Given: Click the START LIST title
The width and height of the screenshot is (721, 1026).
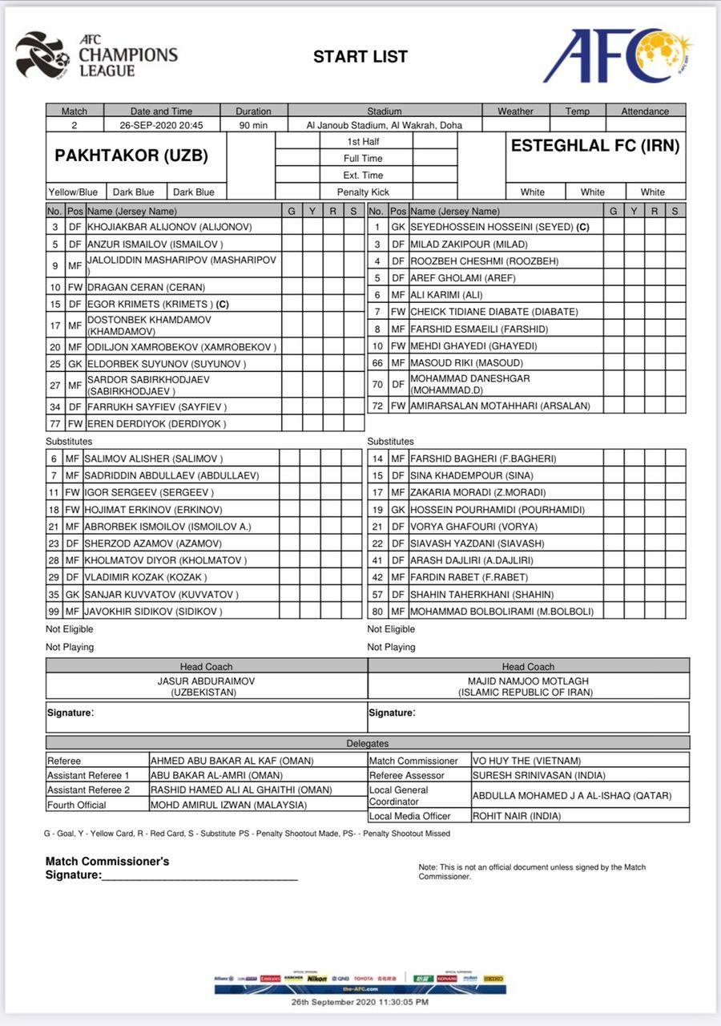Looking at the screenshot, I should click(360, 57).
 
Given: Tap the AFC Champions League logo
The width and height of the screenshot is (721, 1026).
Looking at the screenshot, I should click(96, 55).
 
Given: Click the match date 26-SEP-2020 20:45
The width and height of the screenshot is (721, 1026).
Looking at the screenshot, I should click(161, 125).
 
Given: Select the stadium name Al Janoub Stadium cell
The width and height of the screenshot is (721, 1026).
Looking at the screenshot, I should click(385, 125).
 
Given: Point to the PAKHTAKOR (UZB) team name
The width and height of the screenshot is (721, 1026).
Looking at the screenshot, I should click(131, 156).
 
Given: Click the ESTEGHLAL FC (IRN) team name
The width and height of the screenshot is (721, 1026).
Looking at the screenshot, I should click(595, 146).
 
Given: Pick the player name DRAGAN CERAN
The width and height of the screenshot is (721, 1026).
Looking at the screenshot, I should click(146, 287).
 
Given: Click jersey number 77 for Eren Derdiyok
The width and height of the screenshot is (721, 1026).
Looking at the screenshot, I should click(54, 423).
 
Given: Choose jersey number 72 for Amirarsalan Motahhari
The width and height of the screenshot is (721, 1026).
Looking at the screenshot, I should click(377, 406).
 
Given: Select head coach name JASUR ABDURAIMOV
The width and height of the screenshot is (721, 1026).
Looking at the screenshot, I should click(207, 681).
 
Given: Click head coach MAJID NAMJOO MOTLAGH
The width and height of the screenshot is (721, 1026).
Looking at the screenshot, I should click(529, 681).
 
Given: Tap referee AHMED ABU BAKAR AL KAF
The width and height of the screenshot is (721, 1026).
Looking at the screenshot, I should click(232, 761).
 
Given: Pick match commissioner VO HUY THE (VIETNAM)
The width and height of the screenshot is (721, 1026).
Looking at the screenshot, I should click(526, 761).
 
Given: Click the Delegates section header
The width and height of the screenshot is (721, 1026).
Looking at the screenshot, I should click(368, 743).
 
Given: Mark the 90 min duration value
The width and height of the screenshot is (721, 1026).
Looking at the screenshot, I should click(253, 125).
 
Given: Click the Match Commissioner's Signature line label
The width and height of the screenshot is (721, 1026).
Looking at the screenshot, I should click(107, 868).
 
